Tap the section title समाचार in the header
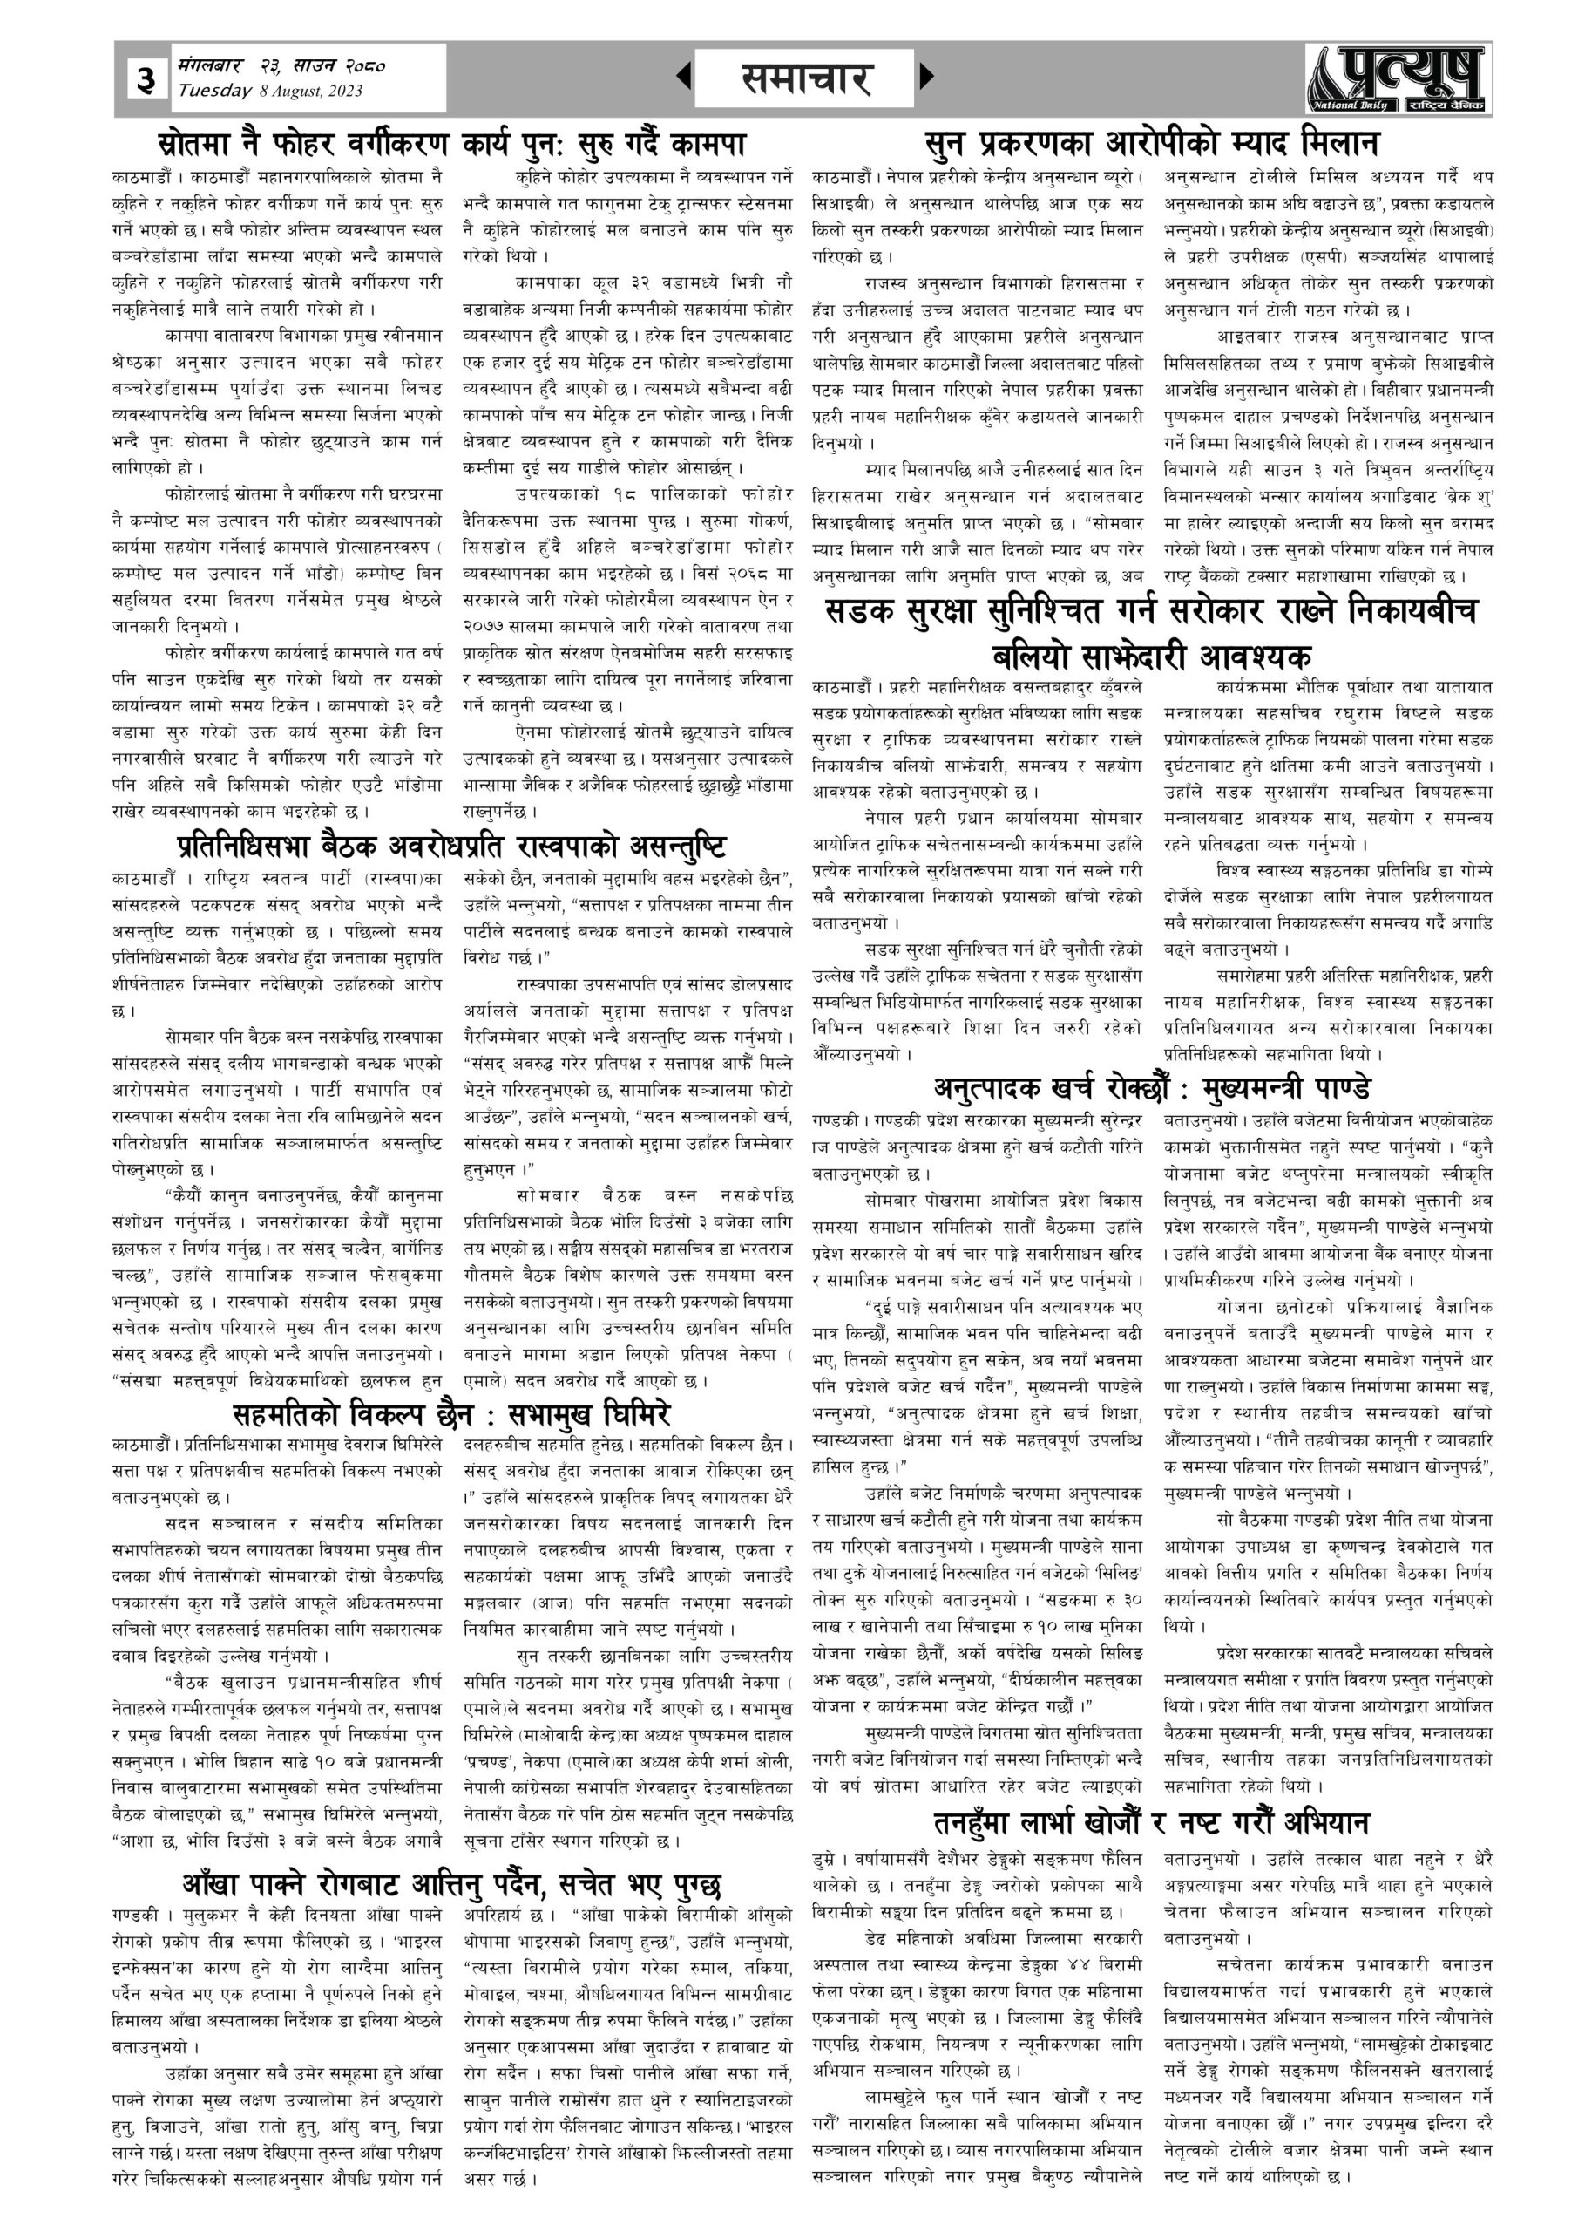[x=804, y=78]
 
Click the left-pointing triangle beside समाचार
[x=684, y=77]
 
